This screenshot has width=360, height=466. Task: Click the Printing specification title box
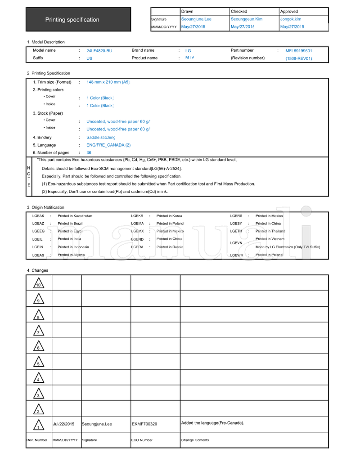point(78,19)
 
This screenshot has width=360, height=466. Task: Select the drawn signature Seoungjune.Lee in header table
point(196,19)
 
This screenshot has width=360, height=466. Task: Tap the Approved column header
point(289,11)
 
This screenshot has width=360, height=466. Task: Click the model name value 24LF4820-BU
point(99,51)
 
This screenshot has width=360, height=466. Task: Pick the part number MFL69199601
point(299,51)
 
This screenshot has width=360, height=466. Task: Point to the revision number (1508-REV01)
point(299,58)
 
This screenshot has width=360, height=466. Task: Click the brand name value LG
point(188,51)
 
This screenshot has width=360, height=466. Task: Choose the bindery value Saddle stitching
point(101,138)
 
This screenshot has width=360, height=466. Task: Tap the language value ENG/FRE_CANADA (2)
point(108,145)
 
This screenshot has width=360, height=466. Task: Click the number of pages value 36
point(89,153)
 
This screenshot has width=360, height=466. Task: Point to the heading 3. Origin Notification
point(45,207)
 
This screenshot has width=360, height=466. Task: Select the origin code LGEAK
point(38,216)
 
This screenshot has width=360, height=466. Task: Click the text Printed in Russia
point(170,247)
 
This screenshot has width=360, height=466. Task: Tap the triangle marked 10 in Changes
point(39,283)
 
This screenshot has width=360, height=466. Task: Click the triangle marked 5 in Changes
point(39,362)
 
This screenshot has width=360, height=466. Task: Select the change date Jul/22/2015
point(63,424)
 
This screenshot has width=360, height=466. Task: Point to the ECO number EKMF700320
point(144,424)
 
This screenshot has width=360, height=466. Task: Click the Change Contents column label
point(195,440)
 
